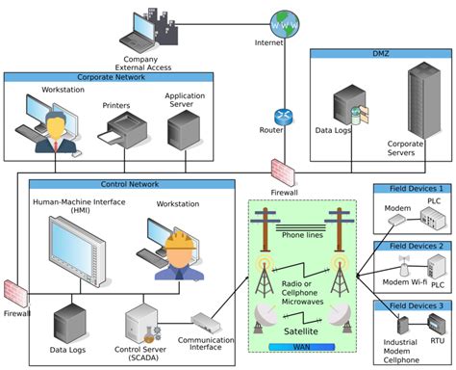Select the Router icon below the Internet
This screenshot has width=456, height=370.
tap(283, 118)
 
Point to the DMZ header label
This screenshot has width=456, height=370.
tap(379, 56)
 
